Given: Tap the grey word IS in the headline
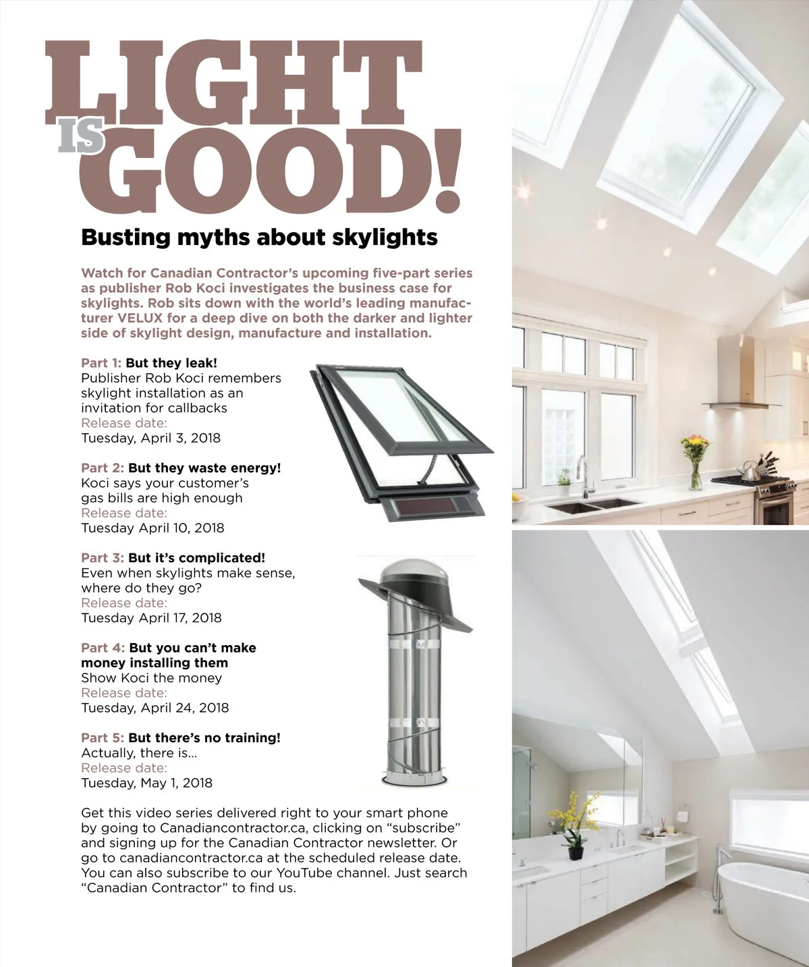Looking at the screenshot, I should click(81, 136).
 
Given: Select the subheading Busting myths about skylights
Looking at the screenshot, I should click(259, 238).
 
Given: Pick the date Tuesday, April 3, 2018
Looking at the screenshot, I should click(150, 438).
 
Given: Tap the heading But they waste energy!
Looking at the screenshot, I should click(204, 468).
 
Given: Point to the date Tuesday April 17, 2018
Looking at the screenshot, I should click(151, 617).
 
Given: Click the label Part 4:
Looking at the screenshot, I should click(103, 648).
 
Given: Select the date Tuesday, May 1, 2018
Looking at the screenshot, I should click(146, 783).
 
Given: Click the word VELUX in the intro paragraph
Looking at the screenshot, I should click(140, 318).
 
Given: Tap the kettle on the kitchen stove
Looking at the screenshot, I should click(750, 470).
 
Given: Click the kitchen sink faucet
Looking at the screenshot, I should click(582, 475).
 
